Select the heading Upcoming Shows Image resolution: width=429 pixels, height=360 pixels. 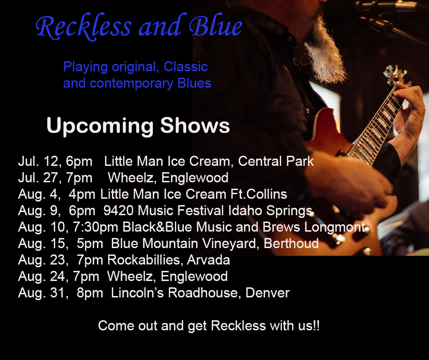coord(138,126)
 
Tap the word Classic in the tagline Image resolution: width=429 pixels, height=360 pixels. coord(186,67)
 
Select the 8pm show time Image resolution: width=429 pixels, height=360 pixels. coord(90,293)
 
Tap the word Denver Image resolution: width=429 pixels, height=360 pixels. coord(267,293)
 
